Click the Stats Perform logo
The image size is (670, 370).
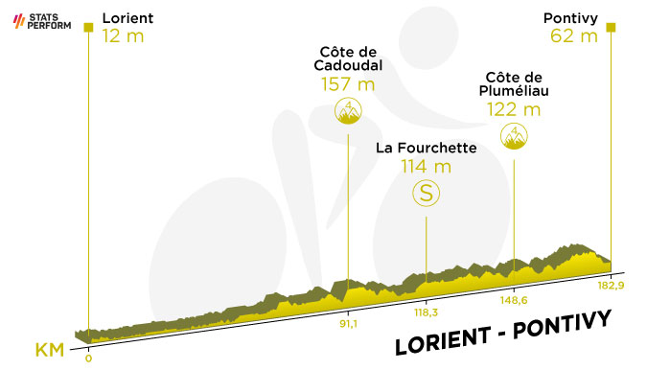[42, 21]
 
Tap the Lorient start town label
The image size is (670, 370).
[127, 18]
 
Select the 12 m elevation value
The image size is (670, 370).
[123, 35]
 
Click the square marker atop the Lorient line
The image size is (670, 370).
[88, 28]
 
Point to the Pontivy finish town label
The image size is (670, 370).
[570, 18]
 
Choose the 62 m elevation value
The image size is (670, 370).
[574, 35]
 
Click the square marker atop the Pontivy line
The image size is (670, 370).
[611, 28]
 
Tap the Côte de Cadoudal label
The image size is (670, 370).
[348, 58]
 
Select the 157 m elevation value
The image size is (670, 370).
[348, 84]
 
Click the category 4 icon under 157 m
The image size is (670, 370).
[348, 110]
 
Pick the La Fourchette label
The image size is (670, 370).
[426, 148]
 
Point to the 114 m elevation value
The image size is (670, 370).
[426, 166]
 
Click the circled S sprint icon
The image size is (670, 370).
[426, 193]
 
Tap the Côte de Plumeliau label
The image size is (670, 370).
[514, 83]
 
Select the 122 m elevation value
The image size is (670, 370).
[514, 110]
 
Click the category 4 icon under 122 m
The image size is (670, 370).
[514, 136]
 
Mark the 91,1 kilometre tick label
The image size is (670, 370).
[348, 324]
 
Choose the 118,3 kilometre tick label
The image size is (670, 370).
[426, 312]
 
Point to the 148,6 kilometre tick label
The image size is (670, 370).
[514, 300]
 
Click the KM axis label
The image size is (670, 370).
[50, 350]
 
